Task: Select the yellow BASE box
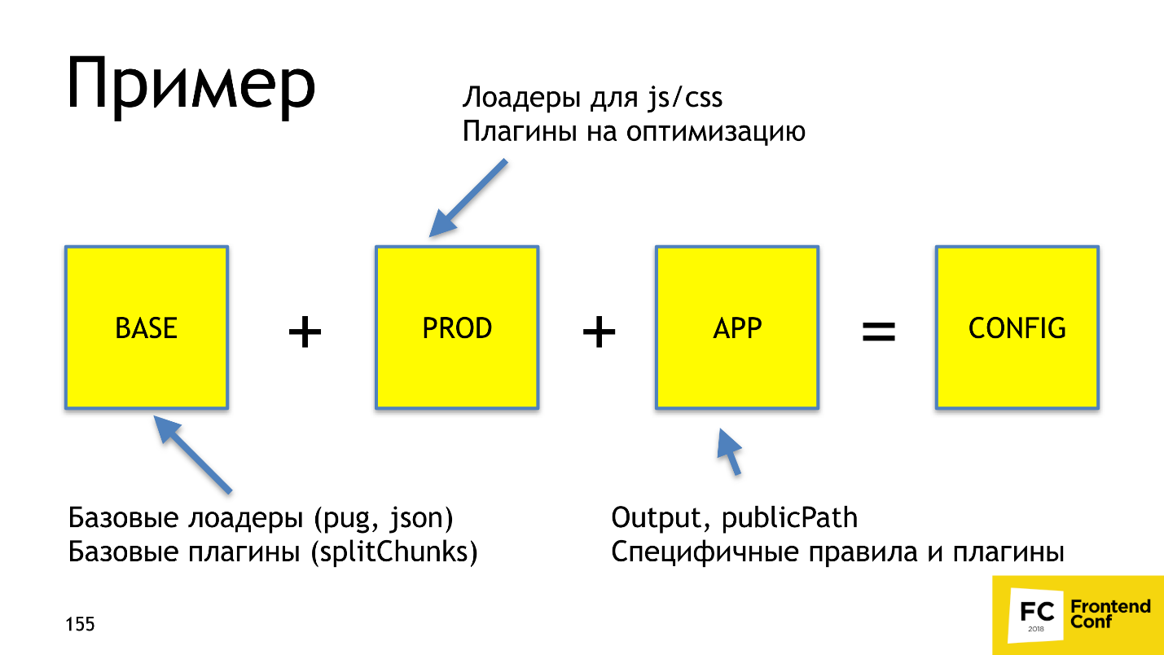[x=147, y=327]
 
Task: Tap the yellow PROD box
[x=457, y=327]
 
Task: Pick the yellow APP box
[x=737, y=327]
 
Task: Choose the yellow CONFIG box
[x=1017, y=327]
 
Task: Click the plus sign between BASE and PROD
[x=305, y=332]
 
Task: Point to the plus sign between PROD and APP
[x=599, y=332]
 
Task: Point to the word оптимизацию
[x=716, y=132]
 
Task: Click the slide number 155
[x=80, y=625]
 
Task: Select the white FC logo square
[x=1035, y=617]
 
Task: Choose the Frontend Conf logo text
[x=1109, y=613]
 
